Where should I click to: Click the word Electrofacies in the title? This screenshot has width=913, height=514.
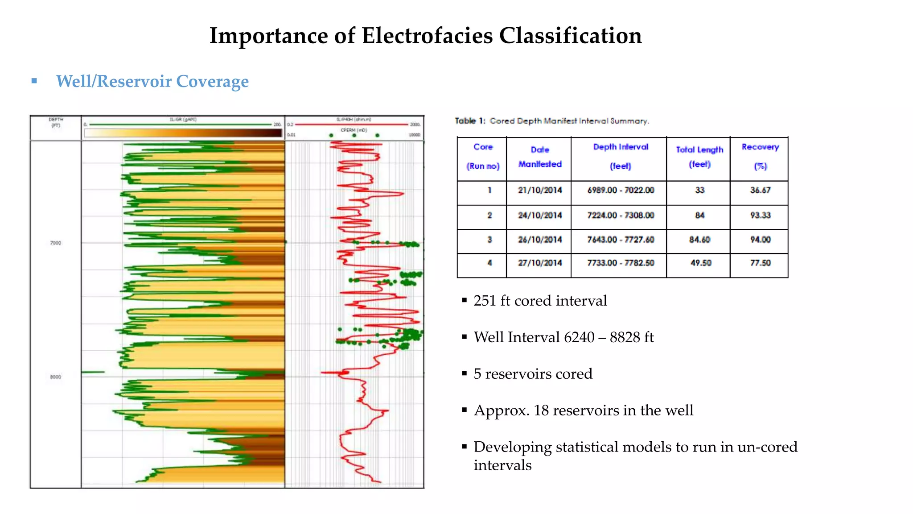(x=427, y=36)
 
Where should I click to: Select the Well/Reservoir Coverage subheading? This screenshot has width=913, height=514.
(x=152, y=81)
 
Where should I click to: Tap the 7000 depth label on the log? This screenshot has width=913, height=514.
(x=55, y=243)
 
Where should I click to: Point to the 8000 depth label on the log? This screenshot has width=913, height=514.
(x=55, y=377)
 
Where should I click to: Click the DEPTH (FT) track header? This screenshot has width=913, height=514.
(x=56, y=123)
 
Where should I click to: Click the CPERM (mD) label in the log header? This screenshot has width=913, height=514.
(x=354, y=130)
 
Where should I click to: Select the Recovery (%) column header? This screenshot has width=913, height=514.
(x=760, y=156)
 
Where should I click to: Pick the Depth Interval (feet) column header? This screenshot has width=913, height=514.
(x=620, y=156)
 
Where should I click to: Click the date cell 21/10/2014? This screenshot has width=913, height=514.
(x=539, y=191)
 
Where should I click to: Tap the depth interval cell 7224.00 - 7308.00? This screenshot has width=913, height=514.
(x=620, y=216)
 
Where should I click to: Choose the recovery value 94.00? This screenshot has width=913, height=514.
(x=760, y=240)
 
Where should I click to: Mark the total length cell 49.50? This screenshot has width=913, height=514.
(x=700, y=263)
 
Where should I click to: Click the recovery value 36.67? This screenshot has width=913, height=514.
(x=760, y=191)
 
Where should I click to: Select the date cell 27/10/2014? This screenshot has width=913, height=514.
(x=539, y=263)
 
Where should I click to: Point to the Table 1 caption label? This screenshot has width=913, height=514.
(x=469, y=121)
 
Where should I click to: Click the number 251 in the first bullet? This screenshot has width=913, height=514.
(x=485, y=301)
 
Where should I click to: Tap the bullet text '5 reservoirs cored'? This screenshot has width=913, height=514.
(x=533, y=374)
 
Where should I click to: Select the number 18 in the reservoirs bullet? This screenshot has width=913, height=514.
(x=541, y=410)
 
